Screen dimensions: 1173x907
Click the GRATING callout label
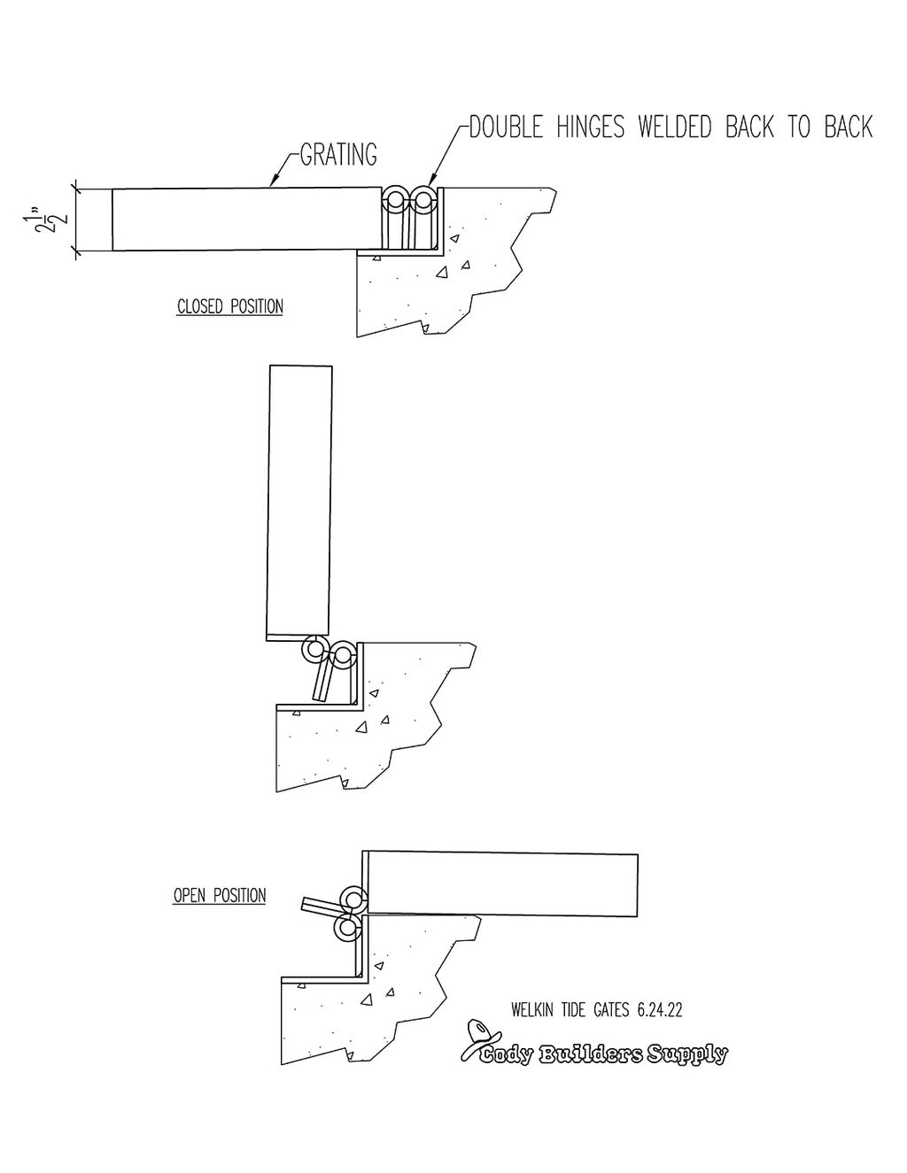pyautogui.click(x=338, y=155)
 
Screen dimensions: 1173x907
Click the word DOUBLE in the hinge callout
pyautogui.click(x=507, y=127)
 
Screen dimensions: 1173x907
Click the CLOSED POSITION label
pyautogui.click(x=230, y=307)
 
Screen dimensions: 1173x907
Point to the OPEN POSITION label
pyautogui.click(x=220, y=896)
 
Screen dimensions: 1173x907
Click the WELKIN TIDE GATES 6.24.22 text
pyautogui.click(x=596, y=1010)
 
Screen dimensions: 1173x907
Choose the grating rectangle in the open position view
pyautogui.click(x=501, y=884)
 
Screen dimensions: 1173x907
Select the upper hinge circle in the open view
pyautogui.click(x=354, y=900)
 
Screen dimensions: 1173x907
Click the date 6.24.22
pyautogui.click(x=659, y=1010)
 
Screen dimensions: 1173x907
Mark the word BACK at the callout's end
pyautogui.click(x=848, y=127)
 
